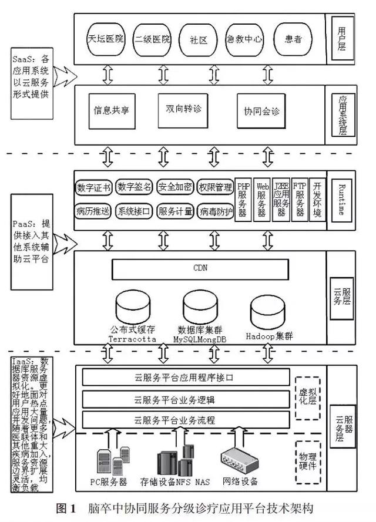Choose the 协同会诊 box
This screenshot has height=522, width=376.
[258, 110]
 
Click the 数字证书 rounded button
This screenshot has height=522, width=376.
[93, 187]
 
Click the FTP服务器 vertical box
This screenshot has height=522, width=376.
[299, 199]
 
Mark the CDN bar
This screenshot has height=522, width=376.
[200, 268]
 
